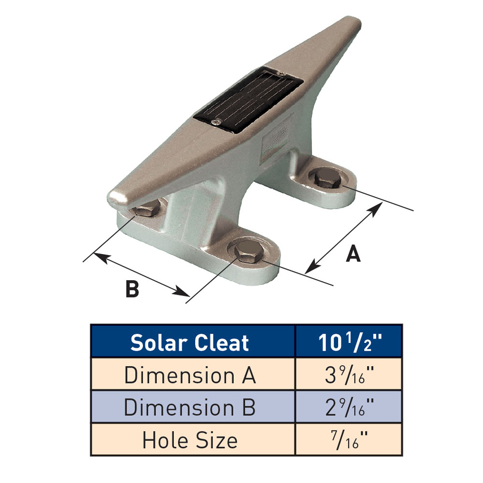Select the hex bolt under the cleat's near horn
tap(146, 211)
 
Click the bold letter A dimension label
tap(354, 254)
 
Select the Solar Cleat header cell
tap(192, 342)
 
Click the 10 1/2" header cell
tap(349, 342)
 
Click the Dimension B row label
tap(192, 408)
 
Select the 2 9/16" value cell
tap(349, 408)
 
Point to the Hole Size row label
tap(192, 440)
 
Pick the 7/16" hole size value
tap(349, 440)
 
